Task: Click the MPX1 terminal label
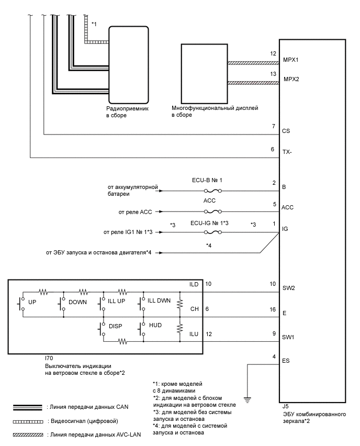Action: (x=290, y=60)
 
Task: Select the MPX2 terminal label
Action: (x=291, y=80)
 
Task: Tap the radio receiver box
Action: (x=129, y=65)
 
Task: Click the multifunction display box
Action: (x=205, y=74)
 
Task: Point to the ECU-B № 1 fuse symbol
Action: (x=213, y=191)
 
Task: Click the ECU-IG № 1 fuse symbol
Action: (x=213, y=232)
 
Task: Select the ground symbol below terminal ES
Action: (x=248, y=400)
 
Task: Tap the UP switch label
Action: (x=32, y=302)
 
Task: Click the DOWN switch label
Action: (x=77, y=302)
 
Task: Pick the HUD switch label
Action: (x=155, y=325)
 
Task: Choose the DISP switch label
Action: (x=116, y=326)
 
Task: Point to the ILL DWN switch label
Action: (x=159, y=300)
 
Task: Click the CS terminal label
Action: (x=286, y=131)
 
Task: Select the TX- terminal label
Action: (x=287, y=152)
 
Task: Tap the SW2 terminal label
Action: (x=289, y=288)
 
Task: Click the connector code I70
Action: (x=49, y=359)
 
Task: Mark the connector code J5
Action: (x=286, y=406)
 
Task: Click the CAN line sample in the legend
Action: (x=28, y=407)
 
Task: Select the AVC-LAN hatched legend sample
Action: (x=28, y=435)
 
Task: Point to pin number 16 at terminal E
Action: (x=273, y=309)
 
